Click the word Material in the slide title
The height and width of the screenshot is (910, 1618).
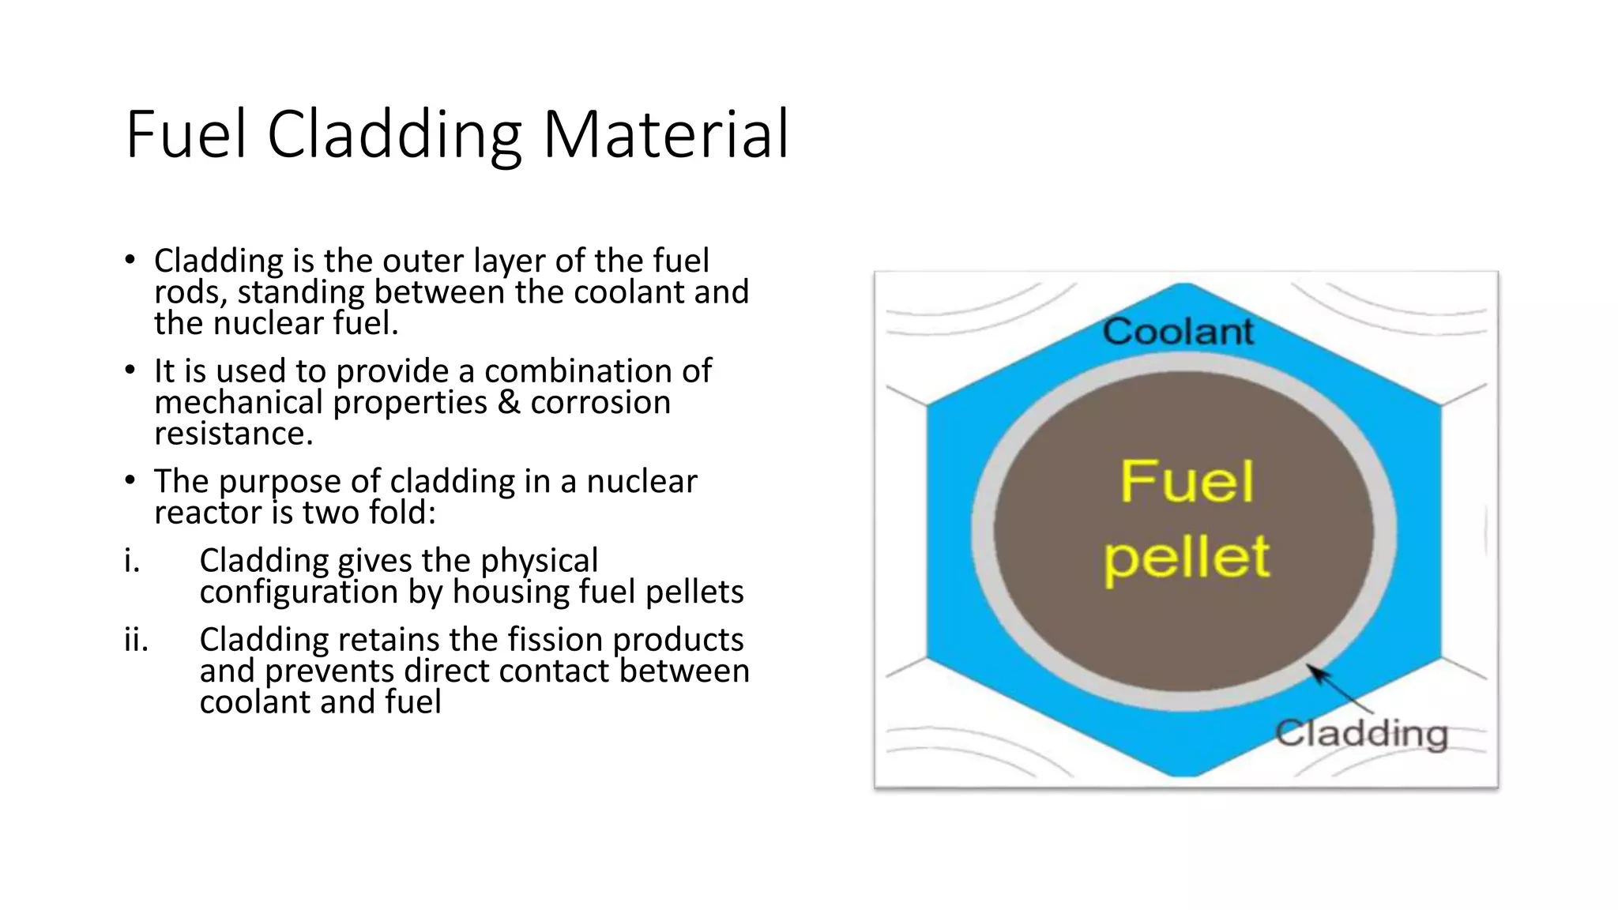(x=665, y=134)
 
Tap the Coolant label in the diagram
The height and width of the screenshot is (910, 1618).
(x=1177, y=331)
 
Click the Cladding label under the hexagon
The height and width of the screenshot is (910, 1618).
(x=1361, y=734)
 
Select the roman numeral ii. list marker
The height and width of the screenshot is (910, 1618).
(x=136, y=640)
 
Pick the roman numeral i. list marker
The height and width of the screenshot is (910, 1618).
(x=132, y=561)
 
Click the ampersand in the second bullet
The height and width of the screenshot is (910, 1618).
(x=509, y=403)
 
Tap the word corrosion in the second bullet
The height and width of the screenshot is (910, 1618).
(x=600, y=403)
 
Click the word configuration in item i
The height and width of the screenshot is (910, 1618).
(x=299, y=592)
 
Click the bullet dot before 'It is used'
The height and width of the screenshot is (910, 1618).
(x=130, y=370)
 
